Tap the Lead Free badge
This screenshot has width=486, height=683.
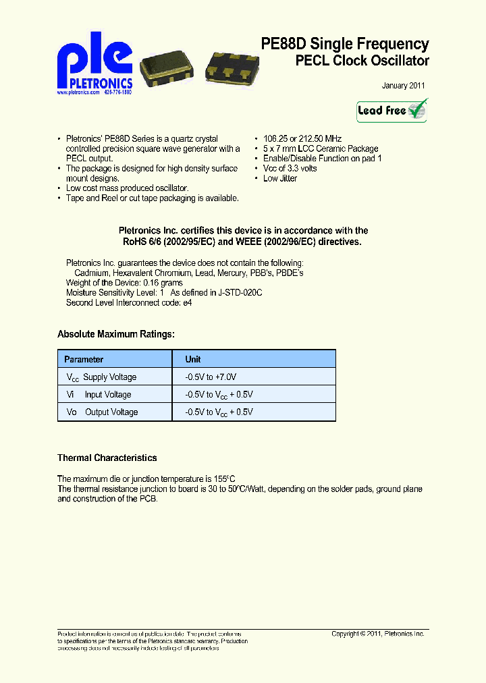[391, 111]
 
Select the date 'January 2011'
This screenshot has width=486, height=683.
[403, 86]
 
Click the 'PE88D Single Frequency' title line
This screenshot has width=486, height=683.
[344, 44]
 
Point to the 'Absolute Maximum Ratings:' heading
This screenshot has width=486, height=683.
[116, 334]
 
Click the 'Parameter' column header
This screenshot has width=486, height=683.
[84, 359]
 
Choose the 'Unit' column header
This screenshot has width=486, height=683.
[193, 359]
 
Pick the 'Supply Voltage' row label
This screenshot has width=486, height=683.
[109, 377]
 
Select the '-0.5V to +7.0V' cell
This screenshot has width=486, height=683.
[211, 377]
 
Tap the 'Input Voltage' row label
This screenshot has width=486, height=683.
[107, 395]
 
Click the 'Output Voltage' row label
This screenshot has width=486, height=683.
[111, 412]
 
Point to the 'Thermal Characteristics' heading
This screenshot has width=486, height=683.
[107, 458]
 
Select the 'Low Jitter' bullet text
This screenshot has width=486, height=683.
[279, 178]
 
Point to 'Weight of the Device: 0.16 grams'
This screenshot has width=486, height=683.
[124, 283]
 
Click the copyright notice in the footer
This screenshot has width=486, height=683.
[377, 634]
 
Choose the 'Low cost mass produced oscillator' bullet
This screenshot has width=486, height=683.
[127, 188]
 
